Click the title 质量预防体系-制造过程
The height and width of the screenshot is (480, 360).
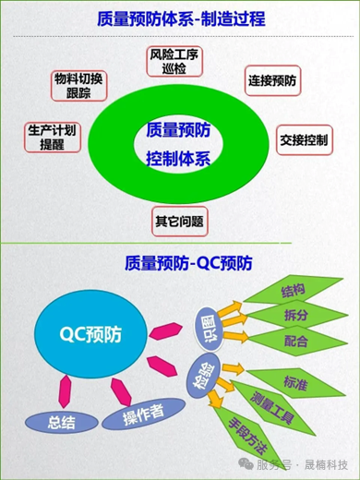click(180, 18)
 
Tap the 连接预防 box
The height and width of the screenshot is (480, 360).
click(274, 81)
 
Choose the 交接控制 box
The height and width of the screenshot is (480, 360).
click(305, 141)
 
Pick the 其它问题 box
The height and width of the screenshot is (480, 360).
click(178, 221)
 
